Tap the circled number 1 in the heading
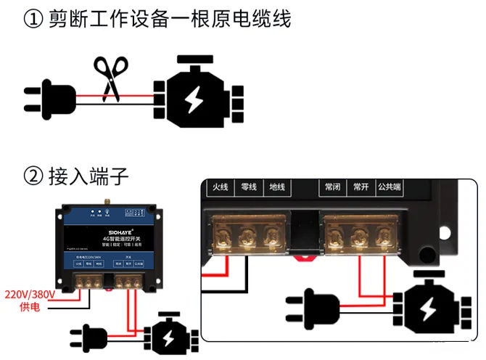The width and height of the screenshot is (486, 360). click(x=33, y=20)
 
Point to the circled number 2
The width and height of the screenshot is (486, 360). click(x=33, y=176)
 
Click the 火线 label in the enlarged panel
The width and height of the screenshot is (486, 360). click(x=221, y=187)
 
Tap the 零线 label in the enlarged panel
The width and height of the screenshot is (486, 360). click(x=249, y=187)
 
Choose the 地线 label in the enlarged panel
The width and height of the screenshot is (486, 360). click(x=277, y=187)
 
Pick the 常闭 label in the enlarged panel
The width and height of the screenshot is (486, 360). click(x=333, y=187)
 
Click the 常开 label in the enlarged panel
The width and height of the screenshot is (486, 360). click(x=361, y=187)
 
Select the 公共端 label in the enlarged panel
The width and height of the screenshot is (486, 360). click(x=390, y=187)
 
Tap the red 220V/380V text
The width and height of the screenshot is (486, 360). click(x=29, y=295)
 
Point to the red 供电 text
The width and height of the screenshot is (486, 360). click(x=29, y=308)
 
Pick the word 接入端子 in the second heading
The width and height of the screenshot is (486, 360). click(x=88, y=176)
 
